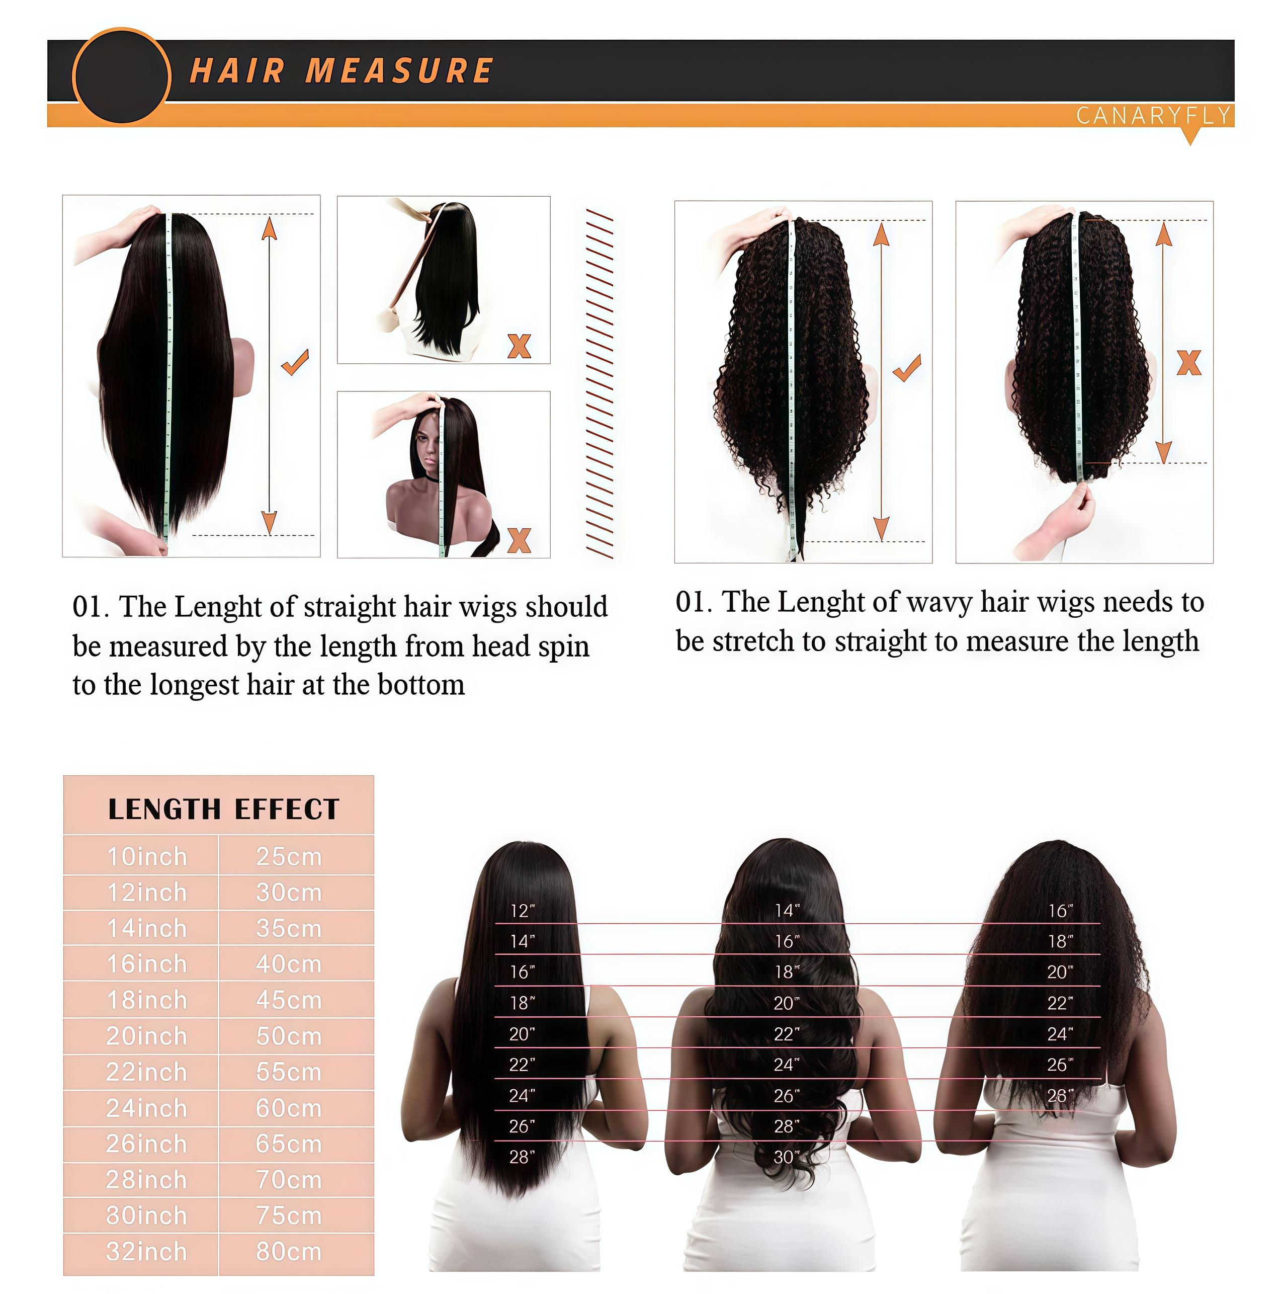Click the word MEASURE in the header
coord(399,71)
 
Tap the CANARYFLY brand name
coord(1153,116)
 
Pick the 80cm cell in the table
coord(289,1252)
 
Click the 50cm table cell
coord(289,1036)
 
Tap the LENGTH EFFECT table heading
coord(224,809)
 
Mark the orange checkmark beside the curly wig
coord(907,368)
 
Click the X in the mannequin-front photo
coord(519,540)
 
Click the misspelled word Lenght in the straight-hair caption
coord(217,607)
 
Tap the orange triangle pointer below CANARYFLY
coord(1190,137)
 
